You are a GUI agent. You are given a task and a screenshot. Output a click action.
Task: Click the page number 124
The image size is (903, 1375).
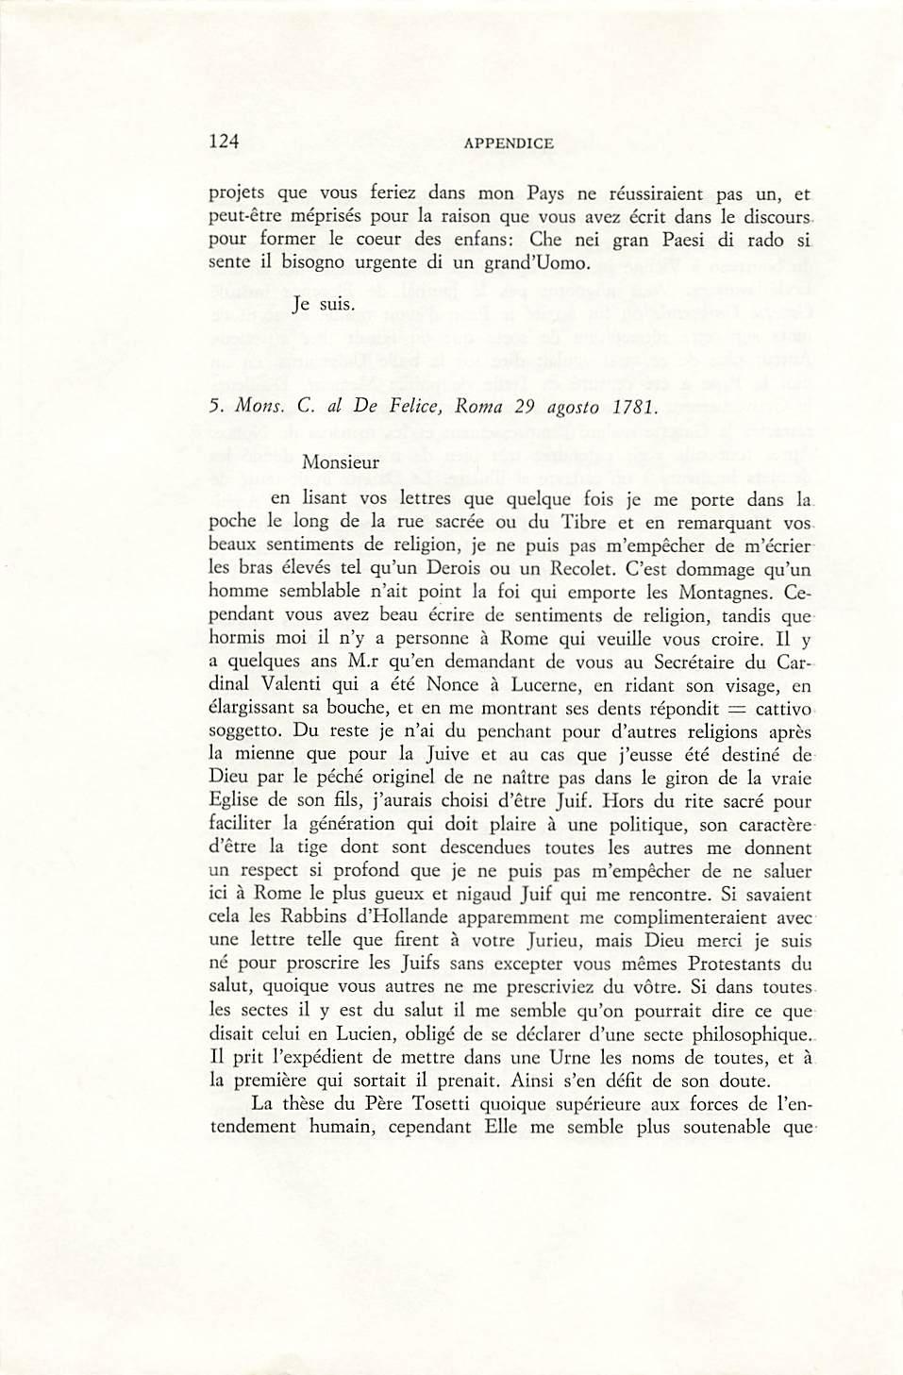point(224,142)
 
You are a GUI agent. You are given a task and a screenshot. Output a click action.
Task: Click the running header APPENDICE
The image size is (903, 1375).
point(509,143)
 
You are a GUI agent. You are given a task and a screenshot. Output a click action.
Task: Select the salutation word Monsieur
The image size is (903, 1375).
point(341,463)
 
